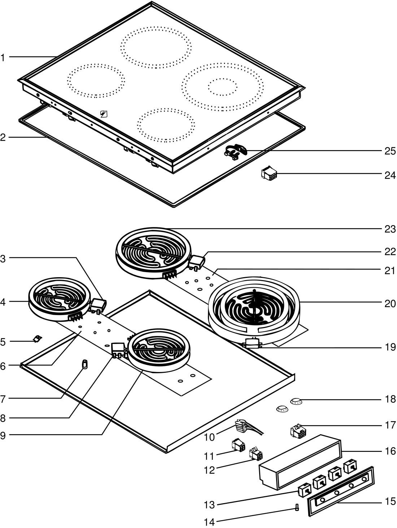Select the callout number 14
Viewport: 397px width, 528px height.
[x=209, y=522]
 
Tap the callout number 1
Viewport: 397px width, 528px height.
[x=3, y=57]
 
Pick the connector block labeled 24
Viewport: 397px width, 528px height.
[x=269, y=174]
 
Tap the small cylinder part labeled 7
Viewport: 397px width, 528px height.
[x=85, y=364]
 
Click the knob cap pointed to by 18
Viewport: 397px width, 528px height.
[x=296, y=401]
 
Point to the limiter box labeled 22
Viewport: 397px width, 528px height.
[x=197, y=261]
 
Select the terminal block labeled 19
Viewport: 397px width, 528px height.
[x=253, y=343]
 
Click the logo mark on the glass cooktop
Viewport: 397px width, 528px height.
[x=104, y=115]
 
